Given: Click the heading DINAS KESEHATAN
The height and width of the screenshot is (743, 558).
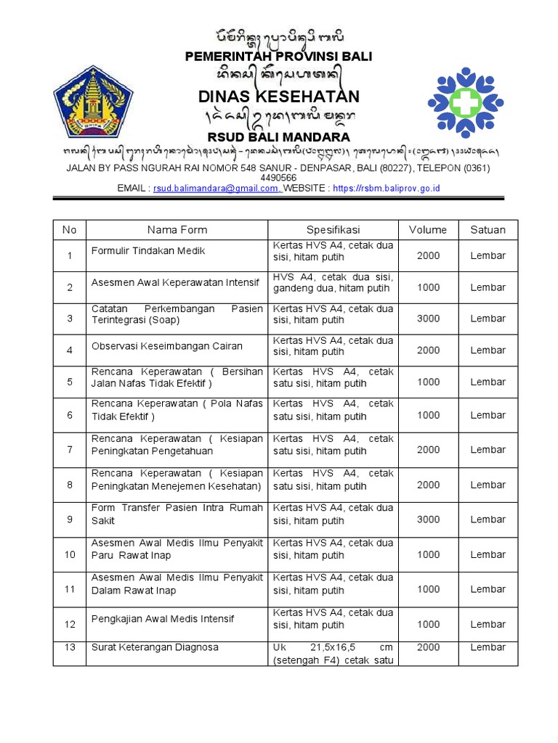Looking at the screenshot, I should [279, 97].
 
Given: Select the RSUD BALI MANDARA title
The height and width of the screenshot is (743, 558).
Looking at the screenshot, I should [279, 137].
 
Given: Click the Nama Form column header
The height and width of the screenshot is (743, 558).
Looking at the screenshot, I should [177, 230].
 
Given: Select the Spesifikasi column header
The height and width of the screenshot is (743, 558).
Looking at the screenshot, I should [333, 230].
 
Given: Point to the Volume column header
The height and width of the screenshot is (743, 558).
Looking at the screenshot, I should [428, 230].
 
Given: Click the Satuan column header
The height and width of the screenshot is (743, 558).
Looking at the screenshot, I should [488, 230].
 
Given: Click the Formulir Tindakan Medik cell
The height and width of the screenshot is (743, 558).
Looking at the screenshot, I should [148, 251].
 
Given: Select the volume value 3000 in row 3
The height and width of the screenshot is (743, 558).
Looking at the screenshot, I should [428, 319].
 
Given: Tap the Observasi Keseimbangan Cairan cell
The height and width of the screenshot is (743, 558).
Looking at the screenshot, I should [166, 346].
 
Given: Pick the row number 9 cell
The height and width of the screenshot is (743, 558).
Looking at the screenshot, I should [70, 520].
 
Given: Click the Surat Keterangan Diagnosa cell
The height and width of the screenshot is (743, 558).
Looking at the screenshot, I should [154, 647].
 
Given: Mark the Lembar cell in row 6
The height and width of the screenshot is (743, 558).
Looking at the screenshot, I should [488, 415].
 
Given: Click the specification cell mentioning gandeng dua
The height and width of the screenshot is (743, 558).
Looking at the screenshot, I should [333, 283].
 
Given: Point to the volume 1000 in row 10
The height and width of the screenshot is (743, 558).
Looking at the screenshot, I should [428, 554].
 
